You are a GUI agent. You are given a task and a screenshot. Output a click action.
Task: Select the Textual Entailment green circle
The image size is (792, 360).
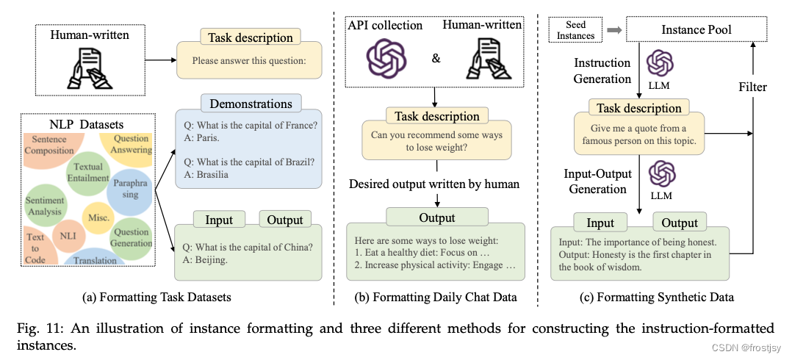87,172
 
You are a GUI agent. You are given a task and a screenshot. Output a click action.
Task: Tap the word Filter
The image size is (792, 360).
752,87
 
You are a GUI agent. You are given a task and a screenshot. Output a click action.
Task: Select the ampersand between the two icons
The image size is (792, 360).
436,57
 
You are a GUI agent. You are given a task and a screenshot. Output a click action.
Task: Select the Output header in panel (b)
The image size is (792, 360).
436,217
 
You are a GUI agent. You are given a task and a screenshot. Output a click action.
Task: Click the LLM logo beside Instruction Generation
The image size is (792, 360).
659,65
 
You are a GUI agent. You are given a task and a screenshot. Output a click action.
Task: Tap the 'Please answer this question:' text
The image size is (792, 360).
248,61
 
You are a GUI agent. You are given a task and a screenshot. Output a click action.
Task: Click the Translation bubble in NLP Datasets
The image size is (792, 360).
94,259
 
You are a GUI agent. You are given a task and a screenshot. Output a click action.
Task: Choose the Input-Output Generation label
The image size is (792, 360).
596,181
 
